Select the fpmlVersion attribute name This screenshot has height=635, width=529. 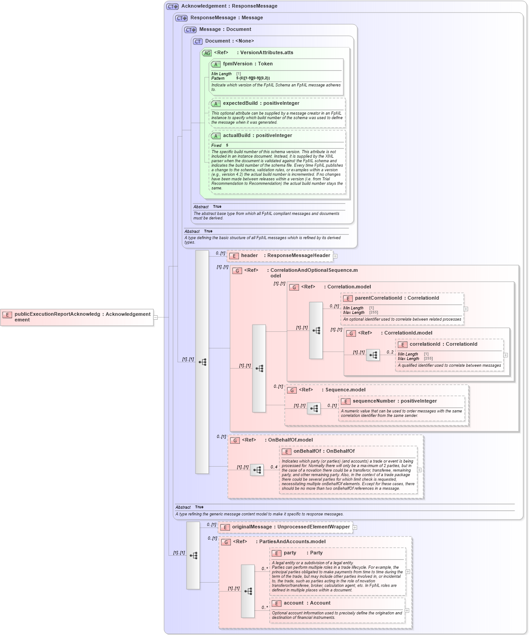pos(238,64)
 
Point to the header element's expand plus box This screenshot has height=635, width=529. pos(335,256)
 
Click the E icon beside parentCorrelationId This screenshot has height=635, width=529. pos(347,298)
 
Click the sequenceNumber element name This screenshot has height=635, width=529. pos(374,401)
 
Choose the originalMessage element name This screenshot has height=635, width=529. pos(252,527)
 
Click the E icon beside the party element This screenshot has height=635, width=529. pos(277,553)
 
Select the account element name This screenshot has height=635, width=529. pos(293,603)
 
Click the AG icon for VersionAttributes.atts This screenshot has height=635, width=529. pos(207,53)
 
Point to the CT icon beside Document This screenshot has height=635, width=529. pos(198,41)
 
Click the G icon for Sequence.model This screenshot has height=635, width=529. pos(292,390)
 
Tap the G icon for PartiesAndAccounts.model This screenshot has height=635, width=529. pos(226,542)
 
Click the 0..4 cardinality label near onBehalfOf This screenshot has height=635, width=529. pos(273,467)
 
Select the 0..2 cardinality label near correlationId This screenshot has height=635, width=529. pos(390,352)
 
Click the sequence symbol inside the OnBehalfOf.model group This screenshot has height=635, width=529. pos(257,470)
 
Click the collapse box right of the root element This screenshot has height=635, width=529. pos(156,317)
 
